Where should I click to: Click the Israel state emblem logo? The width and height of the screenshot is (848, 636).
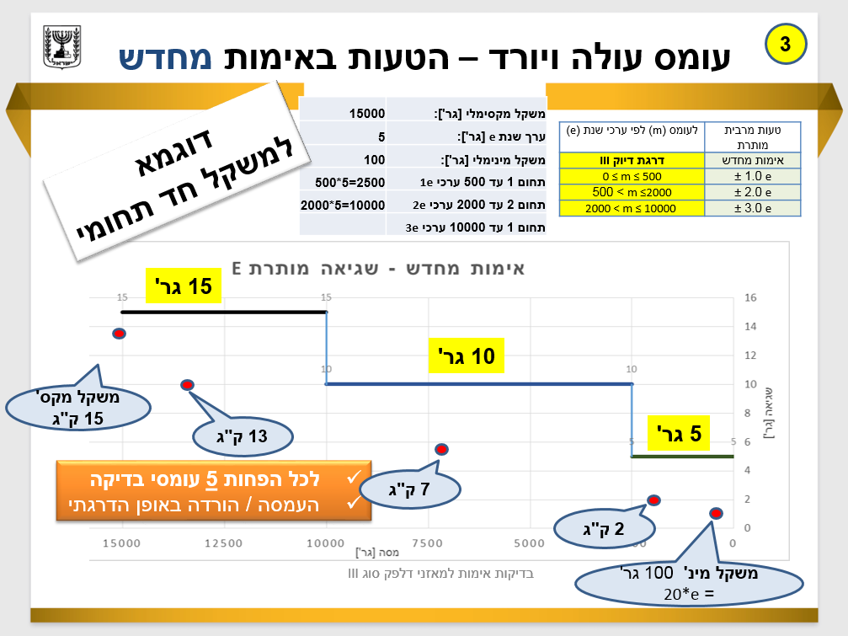point(61,49)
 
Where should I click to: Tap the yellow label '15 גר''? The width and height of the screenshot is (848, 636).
point(184,286)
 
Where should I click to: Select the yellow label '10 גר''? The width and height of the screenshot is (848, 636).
point(467,355)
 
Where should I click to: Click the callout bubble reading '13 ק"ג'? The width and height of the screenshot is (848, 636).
point(242,436)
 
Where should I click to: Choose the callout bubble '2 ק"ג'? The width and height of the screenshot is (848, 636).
point(605,529)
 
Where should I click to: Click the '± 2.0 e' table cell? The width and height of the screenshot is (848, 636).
point(752,192)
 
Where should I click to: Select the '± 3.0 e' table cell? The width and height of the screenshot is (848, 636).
point(752,209)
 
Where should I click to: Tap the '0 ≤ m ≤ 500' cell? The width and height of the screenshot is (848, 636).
point(632,176)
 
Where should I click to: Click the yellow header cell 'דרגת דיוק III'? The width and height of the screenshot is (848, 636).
point(632,160)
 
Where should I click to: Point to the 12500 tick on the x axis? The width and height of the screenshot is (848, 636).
point(224,544)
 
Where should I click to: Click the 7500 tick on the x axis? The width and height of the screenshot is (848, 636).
point(428,544)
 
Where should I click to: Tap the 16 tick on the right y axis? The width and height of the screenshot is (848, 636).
point(751,297)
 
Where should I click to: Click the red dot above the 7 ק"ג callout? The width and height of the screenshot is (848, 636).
point(441,449)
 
